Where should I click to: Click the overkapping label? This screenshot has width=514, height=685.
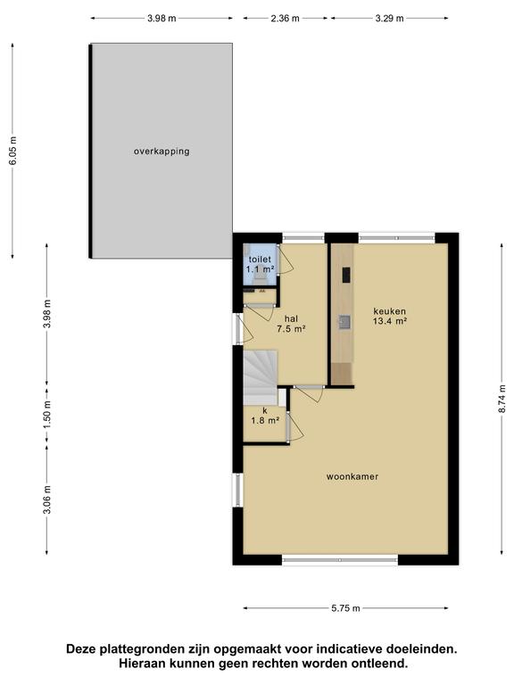tap(162, 152)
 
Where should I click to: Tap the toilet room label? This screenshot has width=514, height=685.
tap(260, 260)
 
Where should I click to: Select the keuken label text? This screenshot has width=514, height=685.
tap(389, 311)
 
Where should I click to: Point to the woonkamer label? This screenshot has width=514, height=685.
tap(352, 476)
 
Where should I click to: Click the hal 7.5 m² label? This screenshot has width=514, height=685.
tap(291, 324)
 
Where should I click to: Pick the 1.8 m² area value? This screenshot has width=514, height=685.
tap(265, 421)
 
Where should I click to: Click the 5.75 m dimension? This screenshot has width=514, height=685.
tap(345, 608)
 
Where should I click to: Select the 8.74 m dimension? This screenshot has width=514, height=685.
tap(502, 399)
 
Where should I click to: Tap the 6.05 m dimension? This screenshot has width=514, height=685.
tap(13, 151)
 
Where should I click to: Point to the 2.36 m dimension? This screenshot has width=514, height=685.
tap(285, 19)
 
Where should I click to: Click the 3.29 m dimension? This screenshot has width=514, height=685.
tap(389, 19)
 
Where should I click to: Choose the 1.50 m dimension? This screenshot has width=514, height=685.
tap(47, 414)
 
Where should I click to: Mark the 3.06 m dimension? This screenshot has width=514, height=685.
tap(47, 499)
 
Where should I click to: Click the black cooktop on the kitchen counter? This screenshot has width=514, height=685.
tap(346, 275)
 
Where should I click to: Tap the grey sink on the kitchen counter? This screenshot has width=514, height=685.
tap(344, 322)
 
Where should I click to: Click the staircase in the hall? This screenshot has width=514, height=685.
tap(261, 377)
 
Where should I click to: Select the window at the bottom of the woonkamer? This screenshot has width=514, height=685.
tap(340, 559)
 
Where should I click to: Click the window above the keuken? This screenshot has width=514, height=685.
tap(397, 238)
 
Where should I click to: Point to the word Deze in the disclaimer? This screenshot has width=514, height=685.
tap(82, 648)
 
